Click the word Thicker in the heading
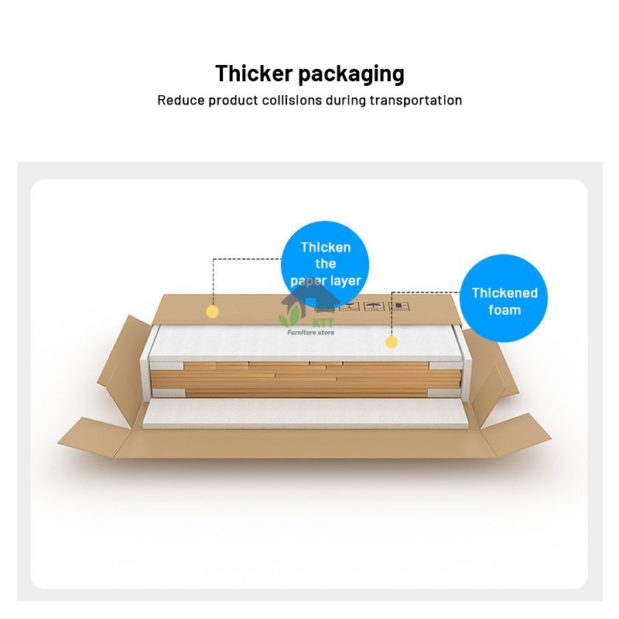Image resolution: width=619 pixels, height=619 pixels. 254,74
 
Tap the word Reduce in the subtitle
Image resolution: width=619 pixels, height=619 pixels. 181,101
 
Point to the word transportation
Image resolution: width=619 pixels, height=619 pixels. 416,101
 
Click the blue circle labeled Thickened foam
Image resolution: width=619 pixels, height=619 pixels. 504,298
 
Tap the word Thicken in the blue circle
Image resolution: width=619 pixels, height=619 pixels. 326,248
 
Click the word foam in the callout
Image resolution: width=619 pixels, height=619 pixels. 504,310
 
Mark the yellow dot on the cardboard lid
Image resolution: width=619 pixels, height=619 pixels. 212,312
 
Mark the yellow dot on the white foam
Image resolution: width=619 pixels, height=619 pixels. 392,342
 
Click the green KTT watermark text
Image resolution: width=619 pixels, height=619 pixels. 323,323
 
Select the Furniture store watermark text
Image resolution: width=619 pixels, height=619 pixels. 311,333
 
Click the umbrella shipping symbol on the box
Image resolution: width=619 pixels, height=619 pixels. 374,306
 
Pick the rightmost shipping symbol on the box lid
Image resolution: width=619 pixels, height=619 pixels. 398,306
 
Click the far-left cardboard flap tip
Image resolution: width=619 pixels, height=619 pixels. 58,443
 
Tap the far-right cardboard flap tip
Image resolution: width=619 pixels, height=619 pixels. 551,437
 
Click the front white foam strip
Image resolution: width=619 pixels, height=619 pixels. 305,413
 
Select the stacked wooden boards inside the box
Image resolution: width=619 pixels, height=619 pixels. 306,379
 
